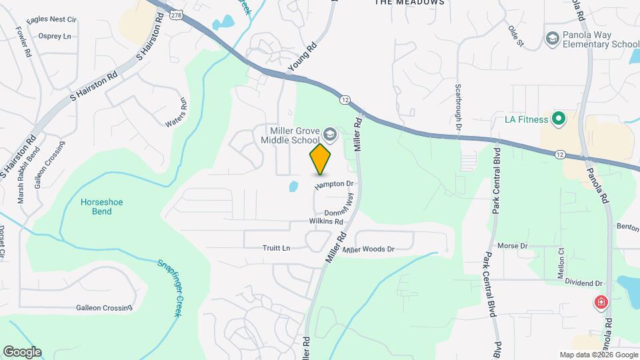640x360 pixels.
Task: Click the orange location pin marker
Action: click(321, 159)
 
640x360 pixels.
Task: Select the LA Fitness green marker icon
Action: click(558, 120)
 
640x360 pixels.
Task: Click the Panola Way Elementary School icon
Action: click(551, 39)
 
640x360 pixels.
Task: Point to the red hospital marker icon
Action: click(601, 303)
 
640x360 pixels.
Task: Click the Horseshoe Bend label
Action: click(102, 207)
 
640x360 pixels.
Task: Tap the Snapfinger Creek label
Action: click(169, 287)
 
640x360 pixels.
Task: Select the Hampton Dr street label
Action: click(333, 183)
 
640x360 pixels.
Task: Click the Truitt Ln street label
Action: click(277, 248)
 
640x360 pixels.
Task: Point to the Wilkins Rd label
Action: click(326, 221)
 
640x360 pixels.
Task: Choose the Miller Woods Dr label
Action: click(369, 249)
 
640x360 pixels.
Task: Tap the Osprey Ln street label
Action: click(55, 36)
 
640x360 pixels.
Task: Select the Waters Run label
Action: click(177, 113)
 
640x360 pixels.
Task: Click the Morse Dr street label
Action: click(513, 246)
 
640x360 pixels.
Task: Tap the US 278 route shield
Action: click(176, 14)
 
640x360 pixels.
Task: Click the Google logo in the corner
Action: click(22, 352)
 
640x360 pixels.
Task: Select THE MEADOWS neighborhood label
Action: click(409, 3)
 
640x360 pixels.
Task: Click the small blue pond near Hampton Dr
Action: click(293, 187)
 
